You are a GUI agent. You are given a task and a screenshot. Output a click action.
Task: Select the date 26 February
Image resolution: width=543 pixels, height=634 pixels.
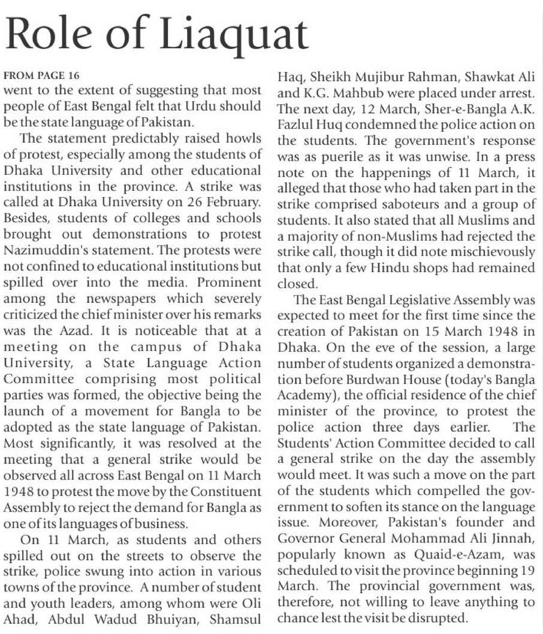point(231,201)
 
